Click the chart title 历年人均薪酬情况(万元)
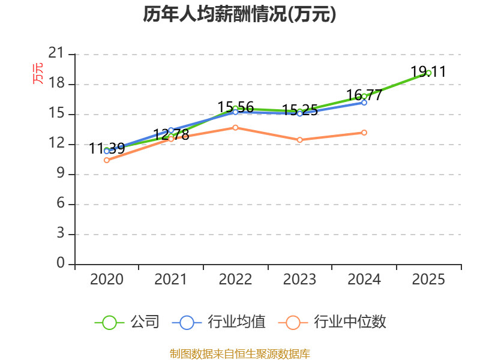pos(239,14)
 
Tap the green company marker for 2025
pos(428,73)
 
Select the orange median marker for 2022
pos(235,127)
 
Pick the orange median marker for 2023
pos(299,140)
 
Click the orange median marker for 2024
pos(364,133)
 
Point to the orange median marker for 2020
pos(107,160)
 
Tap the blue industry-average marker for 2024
pos(364,103)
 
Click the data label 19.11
pos(428,71)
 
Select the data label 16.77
pos(364,95)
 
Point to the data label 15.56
pos(235,107)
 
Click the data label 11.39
pos(107,149)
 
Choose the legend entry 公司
pos(127,322)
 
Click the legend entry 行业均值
pos(219,322)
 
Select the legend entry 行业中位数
pos(332,322)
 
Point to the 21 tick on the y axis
pos(56,53)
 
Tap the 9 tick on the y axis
pos(61,173)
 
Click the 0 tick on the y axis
pos(61,263)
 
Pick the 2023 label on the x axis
pos(299,279)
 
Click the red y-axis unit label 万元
pos(38,73)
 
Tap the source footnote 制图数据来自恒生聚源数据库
pos(239,354)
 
